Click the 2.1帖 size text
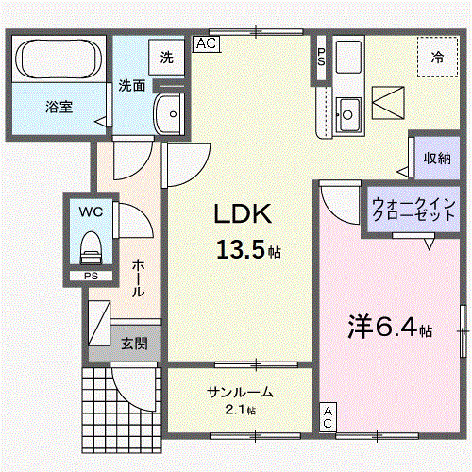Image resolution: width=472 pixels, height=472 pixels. pos(240,410)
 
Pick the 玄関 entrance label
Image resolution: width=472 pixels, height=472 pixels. pos(134,344)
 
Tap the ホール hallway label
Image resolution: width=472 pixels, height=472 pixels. pos(139,278)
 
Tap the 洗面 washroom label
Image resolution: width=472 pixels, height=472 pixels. pos(131,86)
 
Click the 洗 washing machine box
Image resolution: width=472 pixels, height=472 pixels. pos(166,58)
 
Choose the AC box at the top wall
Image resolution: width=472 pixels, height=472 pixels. pos(207,42)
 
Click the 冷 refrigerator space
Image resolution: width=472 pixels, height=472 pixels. pos(437,57)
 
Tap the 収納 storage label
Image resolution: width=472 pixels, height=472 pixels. pos(436,158)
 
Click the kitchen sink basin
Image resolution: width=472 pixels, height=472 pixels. pos(347,113)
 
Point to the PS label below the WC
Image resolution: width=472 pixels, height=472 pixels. pos(91,276)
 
